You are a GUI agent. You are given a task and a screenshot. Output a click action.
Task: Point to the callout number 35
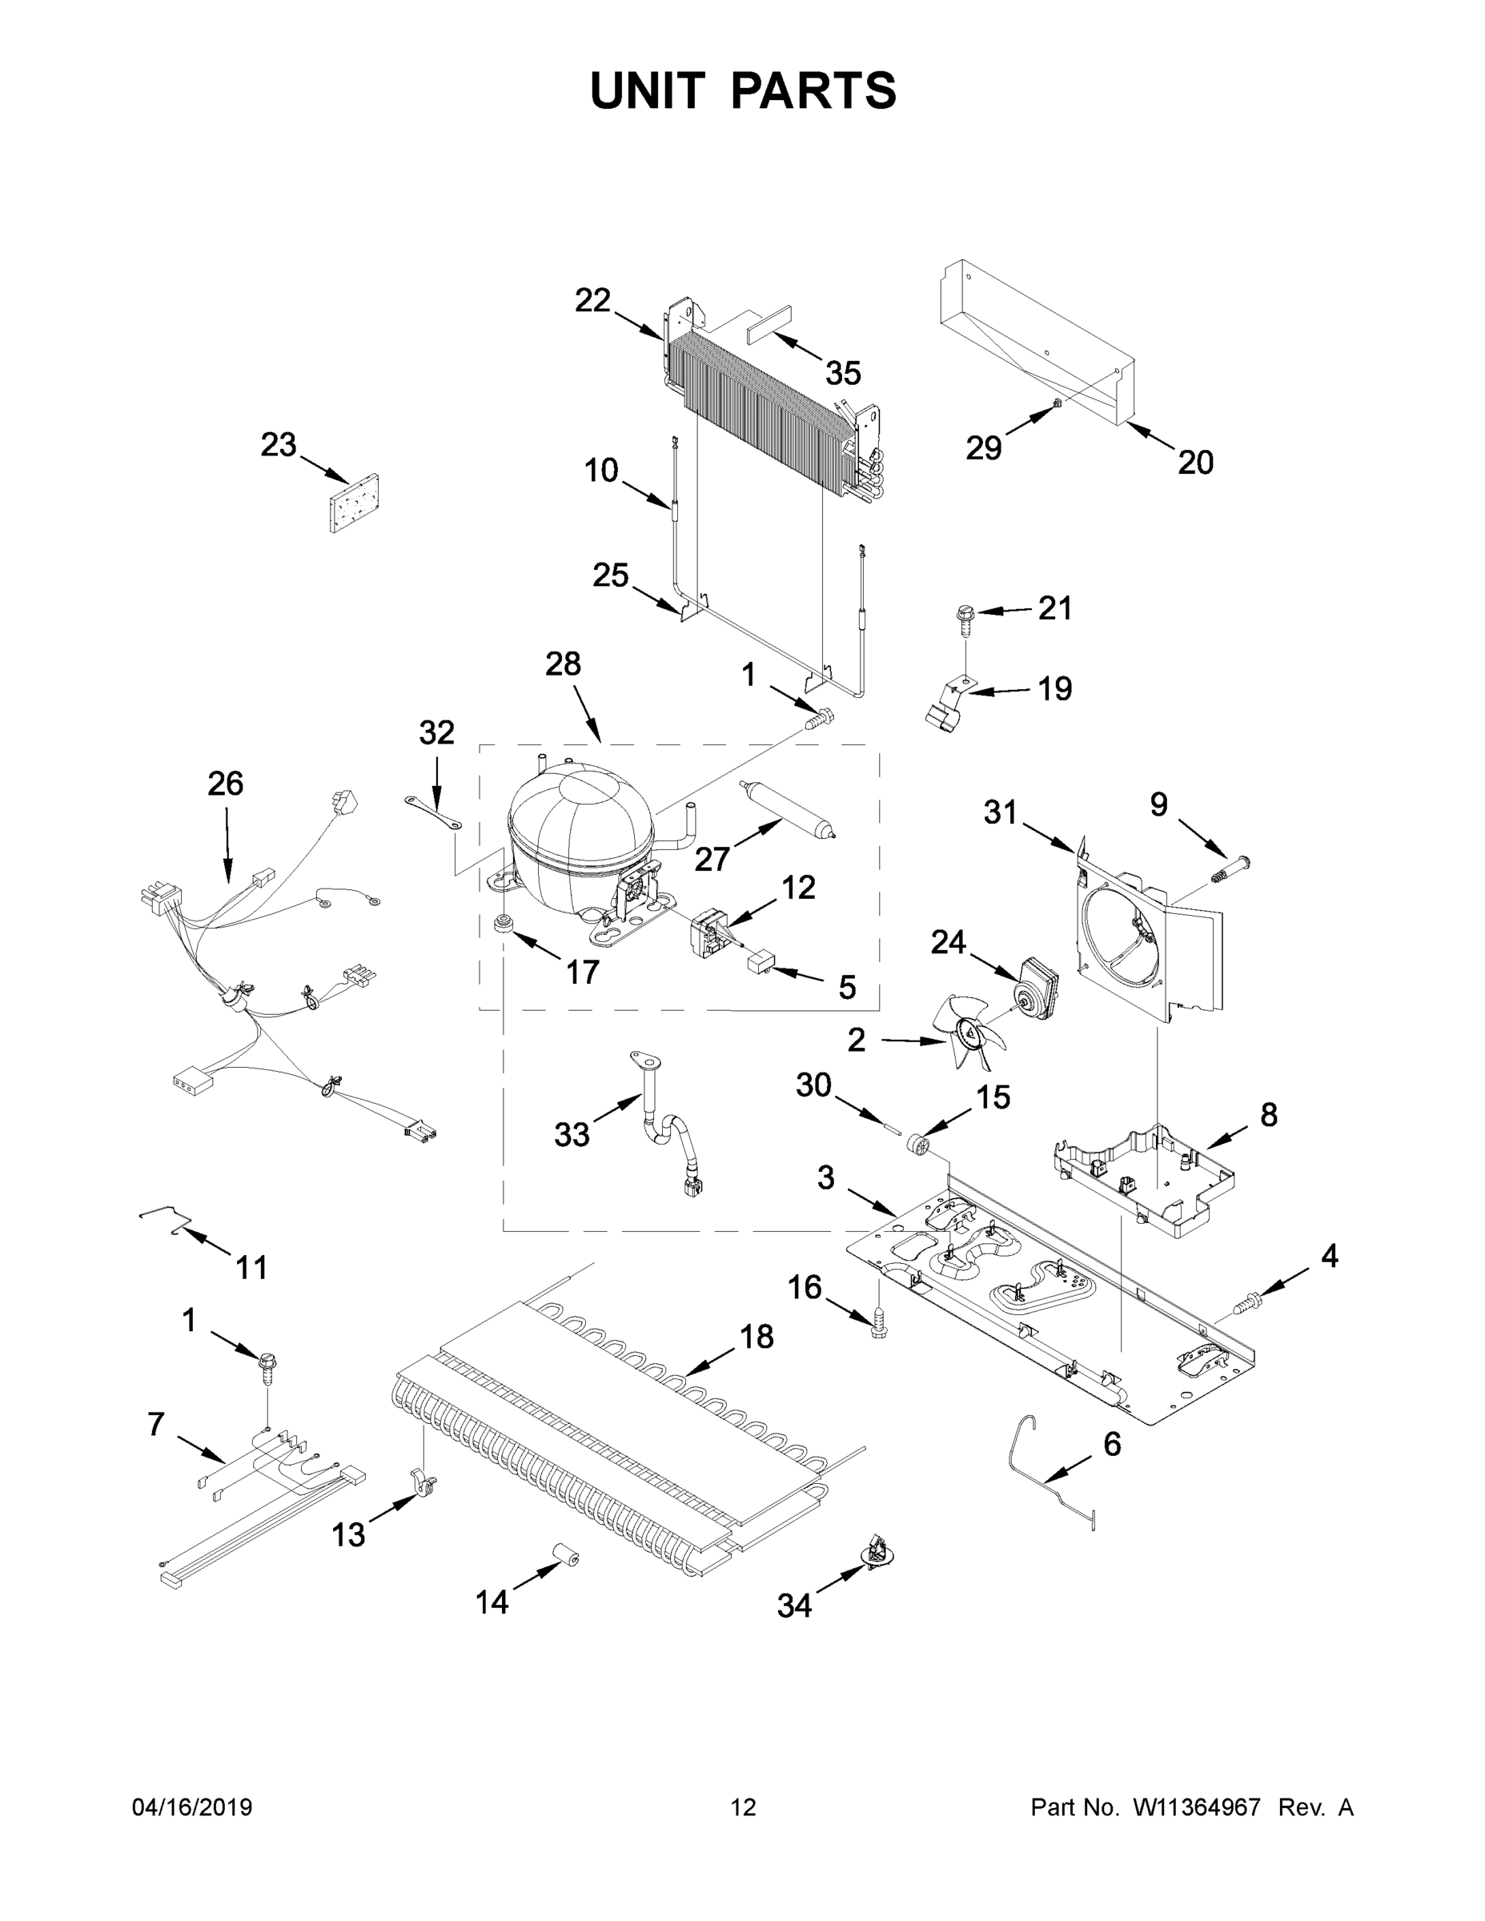pyautogui.click(x=842, y=373)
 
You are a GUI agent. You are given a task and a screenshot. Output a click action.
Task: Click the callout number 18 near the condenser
pyautogui.click(x=756, y=1336)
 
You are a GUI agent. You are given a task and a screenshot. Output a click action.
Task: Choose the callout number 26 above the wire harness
pyautogui.click(x=225, y=783)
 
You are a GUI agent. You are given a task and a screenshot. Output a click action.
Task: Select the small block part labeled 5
pyautogui.click(x=759, y=961)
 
